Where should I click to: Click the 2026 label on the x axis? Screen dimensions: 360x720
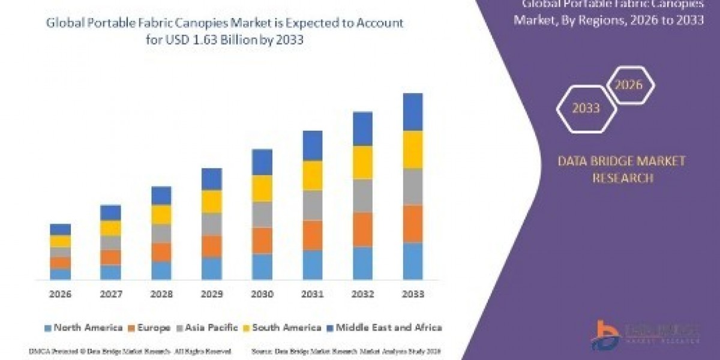pyautogui.click(x=60, y=295)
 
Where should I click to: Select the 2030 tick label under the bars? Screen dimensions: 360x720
pyautogui.click(x=262, y=295)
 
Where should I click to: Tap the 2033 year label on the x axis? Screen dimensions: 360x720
pyautogui.click(x=413, y=295)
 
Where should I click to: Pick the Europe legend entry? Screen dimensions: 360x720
pyautogui.click(x=150, y=328)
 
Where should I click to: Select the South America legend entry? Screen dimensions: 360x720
pyautogui.click(x=282, y=328)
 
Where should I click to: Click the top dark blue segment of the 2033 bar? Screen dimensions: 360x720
pyautogui.click(x=413, y=112)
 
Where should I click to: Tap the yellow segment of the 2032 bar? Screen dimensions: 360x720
pyautogui.click(x=362, y=162)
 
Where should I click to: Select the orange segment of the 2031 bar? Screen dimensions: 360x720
pyautogui.click(x=313, y=235)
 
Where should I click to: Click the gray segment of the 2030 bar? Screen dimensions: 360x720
pyautogui.click(x=262, y=214)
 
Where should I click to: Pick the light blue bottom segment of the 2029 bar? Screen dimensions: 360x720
pyautogui.click(x=211, y=268)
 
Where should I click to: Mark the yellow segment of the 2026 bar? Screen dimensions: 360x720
pyautogui.click(x=60, y=241)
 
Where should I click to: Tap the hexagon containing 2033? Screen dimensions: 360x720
pyautogui.click(x=586, y=109)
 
